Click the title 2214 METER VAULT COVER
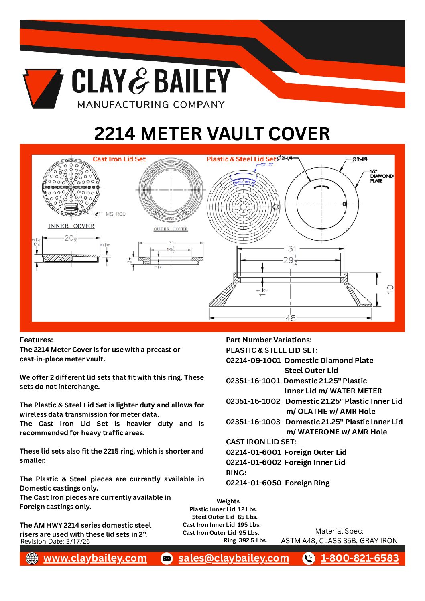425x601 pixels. pyautogui.click(x=212, y=134)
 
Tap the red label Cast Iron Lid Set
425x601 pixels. pyautogui.click(x=119, y=159)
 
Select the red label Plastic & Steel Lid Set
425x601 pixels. pyautogui.click(x=242, y=159)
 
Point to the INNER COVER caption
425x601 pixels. pyautogui.click(x=71, y=226)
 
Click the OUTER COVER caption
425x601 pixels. pyautogui.click(x=171, y=229)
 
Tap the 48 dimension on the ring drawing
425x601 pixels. pyautogui.click(x=291, y=318)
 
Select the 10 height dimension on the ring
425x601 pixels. pyautogui.click(x=390, y=289)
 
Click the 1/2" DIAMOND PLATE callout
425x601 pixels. pyautogui.click(x=381, y=176)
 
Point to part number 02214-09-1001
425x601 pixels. pyautogui.click(x=253, y=361)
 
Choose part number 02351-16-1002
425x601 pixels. pyautogui.click(x=253, y=401)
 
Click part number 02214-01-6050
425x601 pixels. pyautogui.click(x=253, y=483)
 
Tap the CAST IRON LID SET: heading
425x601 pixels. pyautogui.click(x=261, y=442)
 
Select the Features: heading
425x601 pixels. pyautogui.click(x=36, y=340)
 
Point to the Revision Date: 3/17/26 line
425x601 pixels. pyautogui.click(x=55, y=541)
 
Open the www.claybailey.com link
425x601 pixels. pyautogui.click(x=95, y=558)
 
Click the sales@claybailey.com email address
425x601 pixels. pyautogui.click(x=234, y=558)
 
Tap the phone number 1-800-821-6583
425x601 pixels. pyautogui.click(x=360, y=558)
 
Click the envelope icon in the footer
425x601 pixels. pyautogui.click(x=167, y=558)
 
